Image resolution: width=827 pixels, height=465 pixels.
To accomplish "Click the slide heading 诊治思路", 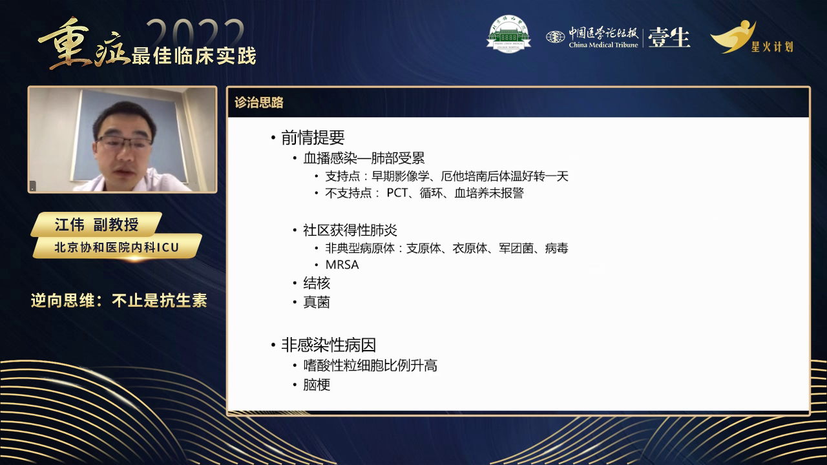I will [x=259, y=103].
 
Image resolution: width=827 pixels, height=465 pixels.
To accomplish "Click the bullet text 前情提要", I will [x=313, y=138].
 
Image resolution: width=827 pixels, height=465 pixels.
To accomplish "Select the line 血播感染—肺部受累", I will [x=364, y=159].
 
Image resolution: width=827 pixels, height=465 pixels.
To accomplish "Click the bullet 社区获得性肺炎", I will [x=350, y=231].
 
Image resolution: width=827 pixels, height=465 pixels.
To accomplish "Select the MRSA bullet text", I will [x=342, y=265].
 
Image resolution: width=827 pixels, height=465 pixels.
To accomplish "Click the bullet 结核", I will [x=317, y=283].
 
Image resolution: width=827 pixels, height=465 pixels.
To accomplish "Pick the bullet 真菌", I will [x=317, y=302].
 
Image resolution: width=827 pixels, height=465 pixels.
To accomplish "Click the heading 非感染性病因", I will [x=328, y=345].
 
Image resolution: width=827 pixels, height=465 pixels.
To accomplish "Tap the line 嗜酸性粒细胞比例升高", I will [x=370, y=366].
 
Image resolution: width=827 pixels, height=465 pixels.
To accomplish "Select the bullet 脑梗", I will [x=317, y=385].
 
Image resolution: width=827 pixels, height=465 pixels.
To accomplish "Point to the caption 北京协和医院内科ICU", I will [x=116, y=247].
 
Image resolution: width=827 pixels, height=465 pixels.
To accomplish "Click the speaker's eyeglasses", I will [x=125, y=141].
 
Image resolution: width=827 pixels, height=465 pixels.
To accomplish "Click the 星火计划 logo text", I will [x=771, y=46].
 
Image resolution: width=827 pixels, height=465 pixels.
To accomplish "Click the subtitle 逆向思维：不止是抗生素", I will [x=119, y=301].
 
